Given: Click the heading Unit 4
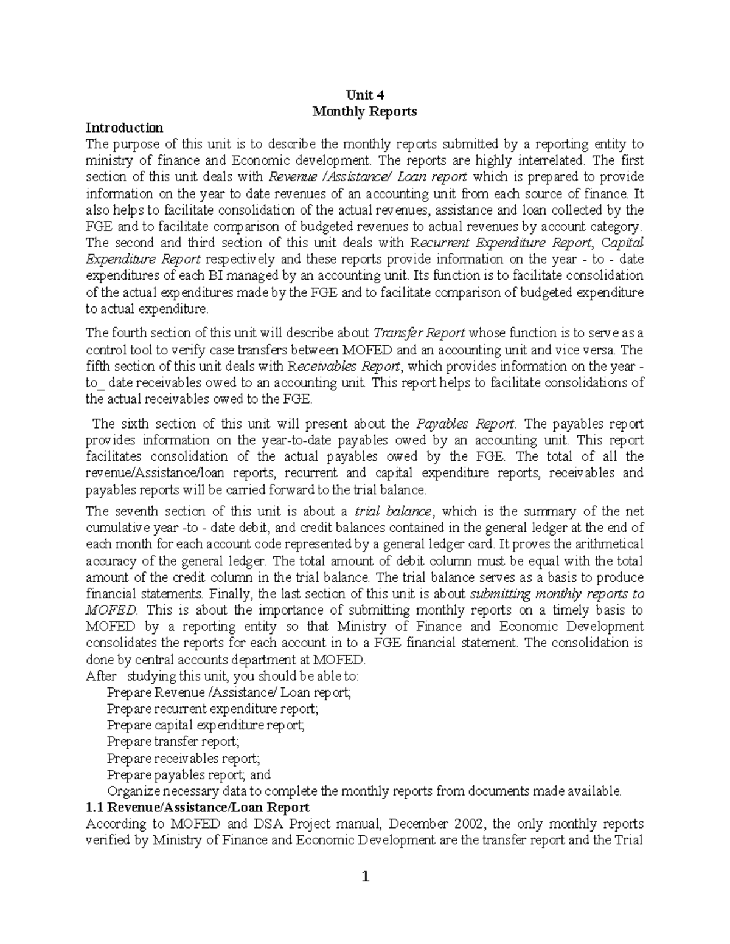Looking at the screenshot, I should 364,95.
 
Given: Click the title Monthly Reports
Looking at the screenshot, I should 364,112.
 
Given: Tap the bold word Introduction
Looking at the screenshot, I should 124,128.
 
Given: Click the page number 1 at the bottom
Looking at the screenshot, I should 365,877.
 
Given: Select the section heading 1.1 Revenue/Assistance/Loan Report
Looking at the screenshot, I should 198,808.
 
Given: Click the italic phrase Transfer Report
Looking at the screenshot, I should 419,333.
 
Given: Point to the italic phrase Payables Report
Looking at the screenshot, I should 465,424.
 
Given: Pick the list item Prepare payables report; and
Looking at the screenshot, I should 189,775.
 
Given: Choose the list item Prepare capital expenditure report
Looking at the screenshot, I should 206,725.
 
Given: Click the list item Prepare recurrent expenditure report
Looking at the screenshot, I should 212,709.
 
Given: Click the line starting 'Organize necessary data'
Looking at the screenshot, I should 364,791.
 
